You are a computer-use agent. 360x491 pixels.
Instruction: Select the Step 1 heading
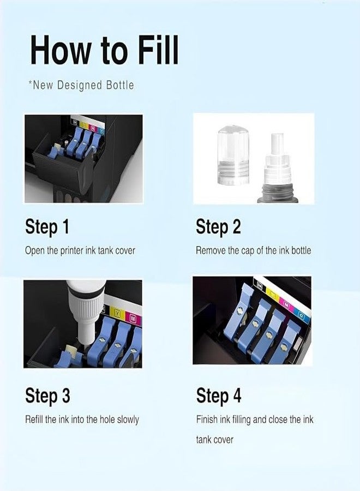click(x=47, y=227)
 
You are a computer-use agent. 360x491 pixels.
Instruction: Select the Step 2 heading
click(x=218, y=227)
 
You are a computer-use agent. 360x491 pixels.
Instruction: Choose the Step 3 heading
click(x=47, y=396)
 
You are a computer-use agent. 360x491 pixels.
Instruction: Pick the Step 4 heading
click(x=219, y=396)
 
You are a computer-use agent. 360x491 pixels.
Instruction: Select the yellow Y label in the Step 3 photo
click(x=116, y=312)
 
